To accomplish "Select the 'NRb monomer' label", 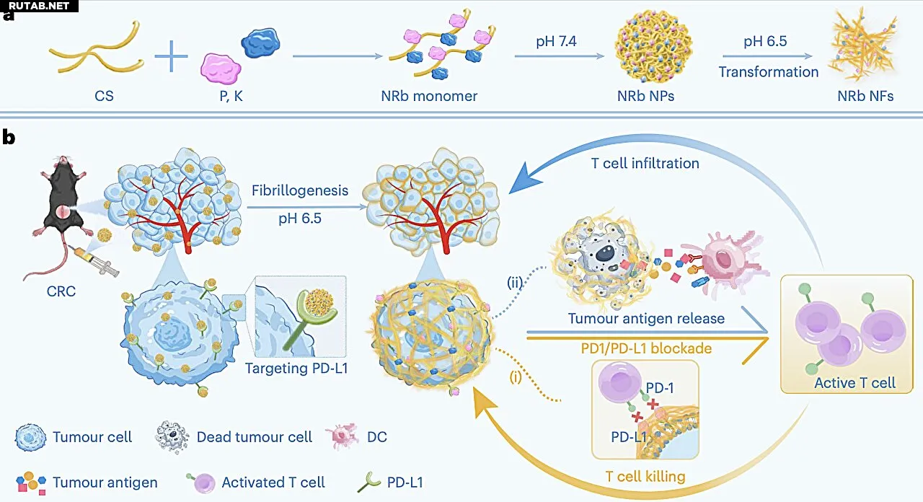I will coord(429,95).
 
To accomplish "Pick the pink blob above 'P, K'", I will coord(221,70).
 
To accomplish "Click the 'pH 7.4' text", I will coord(557,41).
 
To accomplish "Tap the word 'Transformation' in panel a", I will coord(768,72).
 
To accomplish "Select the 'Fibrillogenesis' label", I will coord(300,191).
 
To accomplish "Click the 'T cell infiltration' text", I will coord(645,163).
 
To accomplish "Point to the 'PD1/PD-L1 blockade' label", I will coord(646,348).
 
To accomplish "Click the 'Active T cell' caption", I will coord(854,382).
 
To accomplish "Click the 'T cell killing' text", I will coord(645,476).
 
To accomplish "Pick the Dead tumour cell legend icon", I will coord(173,437).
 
